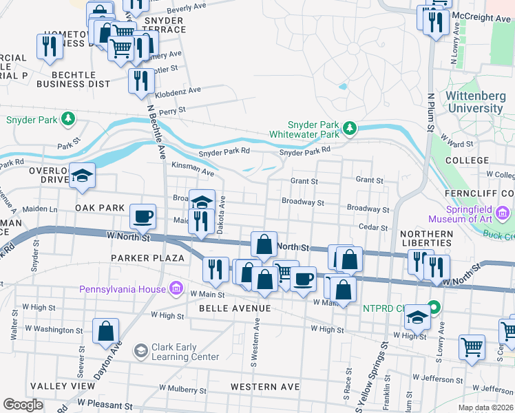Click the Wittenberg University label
tap(475, 102)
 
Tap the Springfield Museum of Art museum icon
tap(503, 215)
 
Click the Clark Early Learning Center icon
tap(140, 352)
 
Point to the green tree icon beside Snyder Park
tap(67, 119)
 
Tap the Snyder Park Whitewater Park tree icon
tap(350, 128)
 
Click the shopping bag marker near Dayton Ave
tap(106, 332)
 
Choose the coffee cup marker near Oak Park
tap(143, 218)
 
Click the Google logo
tap(23, 405)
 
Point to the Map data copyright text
tap(485, 407)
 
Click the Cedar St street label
tap(370, 226)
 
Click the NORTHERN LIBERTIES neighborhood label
tap(426, 239)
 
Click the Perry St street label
tap(172, 110)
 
